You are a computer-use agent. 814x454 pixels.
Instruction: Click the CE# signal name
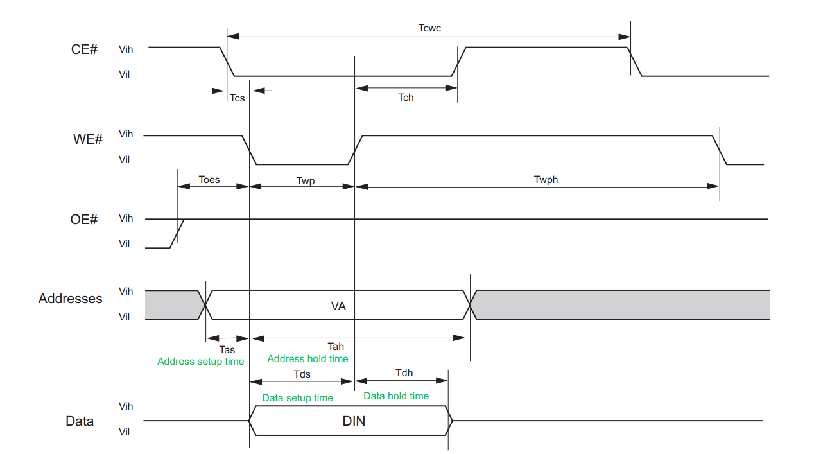tap(84, 49)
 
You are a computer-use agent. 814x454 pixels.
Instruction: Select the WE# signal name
tap(87, 139)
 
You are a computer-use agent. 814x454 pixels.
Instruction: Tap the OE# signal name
tap(84, 220)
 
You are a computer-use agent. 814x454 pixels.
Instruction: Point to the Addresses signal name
tap(71, 299)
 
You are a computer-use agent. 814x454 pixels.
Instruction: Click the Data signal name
tap(80, 421)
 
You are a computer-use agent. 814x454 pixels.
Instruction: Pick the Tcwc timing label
tap(429, 28)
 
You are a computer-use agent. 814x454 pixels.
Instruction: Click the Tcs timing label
tap(238, 98)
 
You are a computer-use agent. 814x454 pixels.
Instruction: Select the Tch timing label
tap(406, 98)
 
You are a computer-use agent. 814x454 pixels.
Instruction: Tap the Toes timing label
tap(209, 180)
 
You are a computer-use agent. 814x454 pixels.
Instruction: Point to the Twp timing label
tap(306, 181)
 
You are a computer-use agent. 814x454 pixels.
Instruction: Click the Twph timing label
tap(546, 180)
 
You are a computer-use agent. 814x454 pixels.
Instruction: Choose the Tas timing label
tap(227, 350)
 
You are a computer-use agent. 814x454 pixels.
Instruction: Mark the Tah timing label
tap(336, 346)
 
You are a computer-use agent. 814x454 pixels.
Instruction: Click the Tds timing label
tap(302, 374)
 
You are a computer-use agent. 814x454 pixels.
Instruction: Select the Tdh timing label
tap(404, 373)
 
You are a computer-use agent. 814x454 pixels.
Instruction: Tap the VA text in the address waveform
tap(338, 306)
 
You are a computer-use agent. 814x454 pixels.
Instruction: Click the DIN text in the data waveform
tap(354, 421)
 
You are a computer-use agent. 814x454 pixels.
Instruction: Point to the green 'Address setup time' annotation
tap(200, 362)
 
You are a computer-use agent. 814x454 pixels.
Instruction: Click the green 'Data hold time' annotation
tap(396, 396)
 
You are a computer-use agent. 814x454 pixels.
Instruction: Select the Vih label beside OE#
tap(126, 218)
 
